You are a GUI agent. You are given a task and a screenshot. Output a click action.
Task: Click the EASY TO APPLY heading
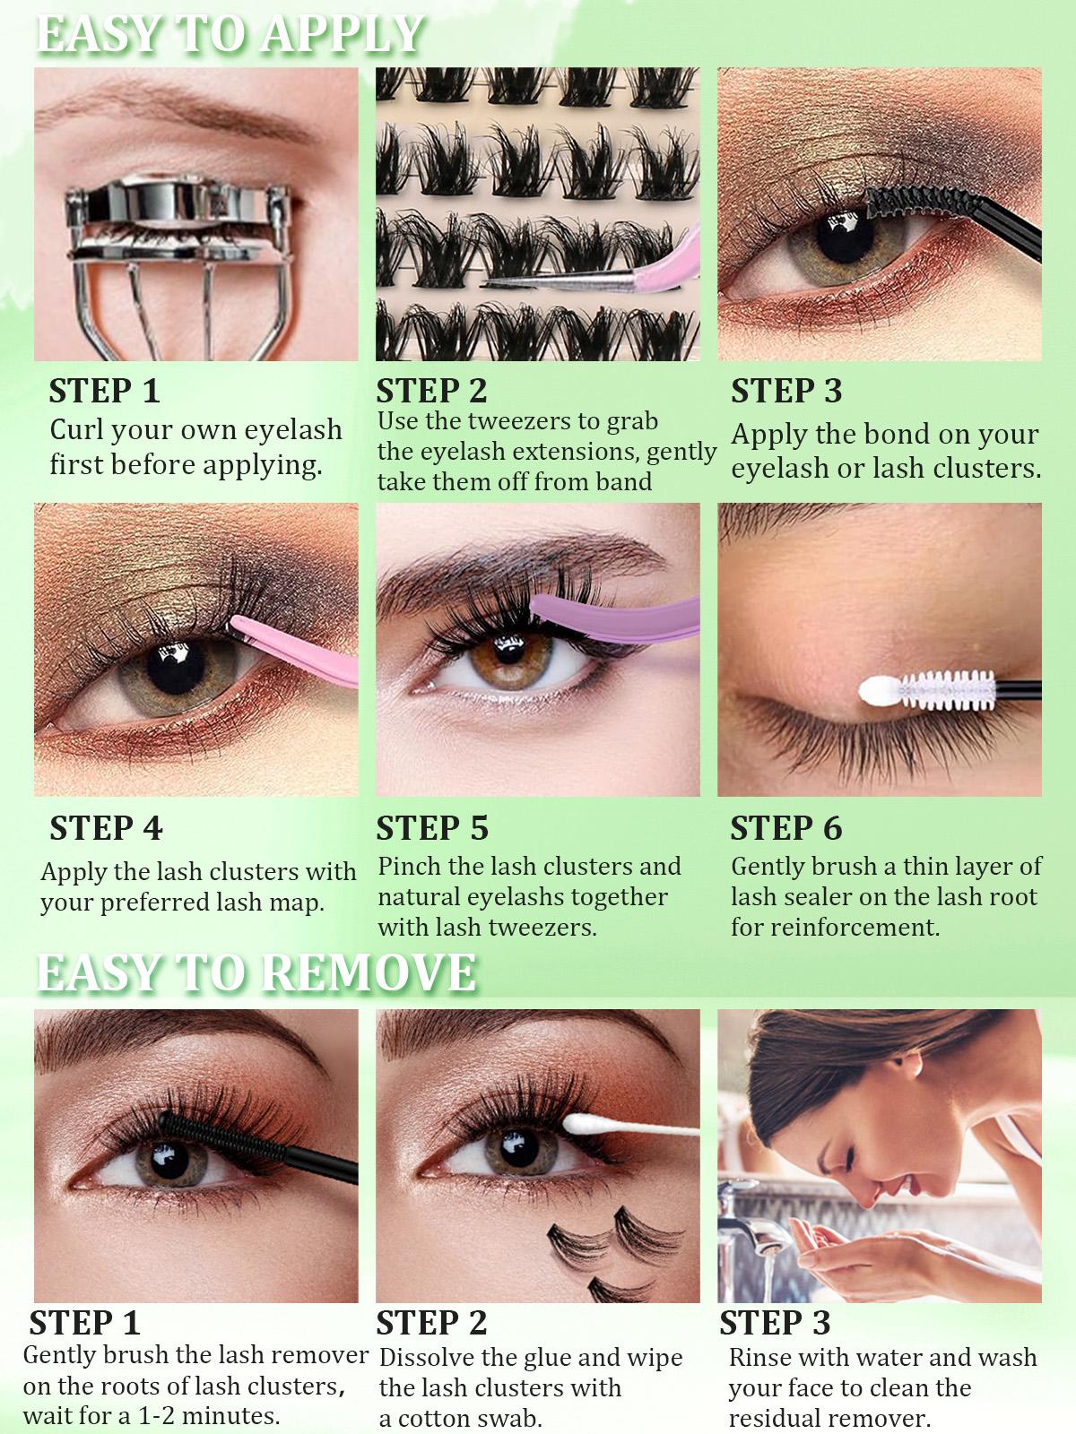pyautogui.click(x=229, y=34)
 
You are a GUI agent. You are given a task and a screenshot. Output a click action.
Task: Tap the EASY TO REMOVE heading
pyautogui.click(x=256, y=972)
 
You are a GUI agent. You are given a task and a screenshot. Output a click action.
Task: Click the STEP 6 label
pyautogui.click(x=786, y=828)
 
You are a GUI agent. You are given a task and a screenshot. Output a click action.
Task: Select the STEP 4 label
pyautogui.click(x=106, y=828)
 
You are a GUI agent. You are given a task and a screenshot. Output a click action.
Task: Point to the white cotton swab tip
pyautogui.click(x=583, y=1123)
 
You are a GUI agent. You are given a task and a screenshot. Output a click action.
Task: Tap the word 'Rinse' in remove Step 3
pyautogui.click(x=759, y=1358)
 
